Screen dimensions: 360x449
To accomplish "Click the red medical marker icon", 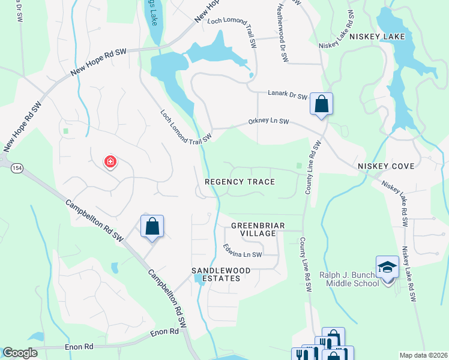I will coord(110,161).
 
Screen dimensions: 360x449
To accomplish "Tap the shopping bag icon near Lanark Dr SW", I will coord(322,103).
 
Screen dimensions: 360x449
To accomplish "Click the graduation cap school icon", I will coord(387,266).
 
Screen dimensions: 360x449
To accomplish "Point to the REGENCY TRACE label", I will coord(240,182).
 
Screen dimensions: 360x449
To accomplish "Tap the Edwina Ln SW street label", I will coord(243,250).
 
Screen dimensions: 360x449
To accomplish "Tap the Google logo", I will coord(20,353).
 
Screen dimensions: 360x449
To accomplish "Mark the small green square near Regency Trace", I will coord(298,166).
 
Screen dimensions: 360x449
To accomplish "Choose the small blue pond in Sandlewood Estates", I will coord(199,280).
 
